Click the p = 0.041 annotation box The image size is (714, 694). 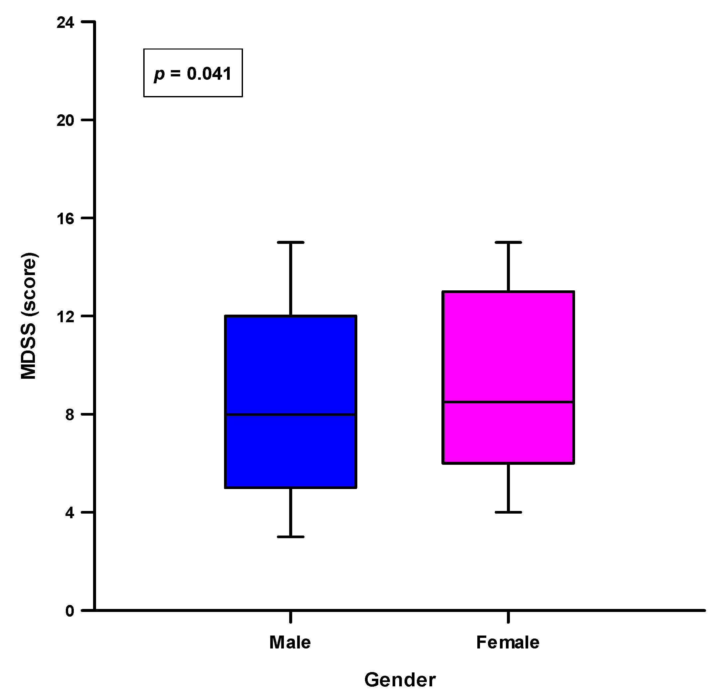pyautogui.click(x=193, y=73)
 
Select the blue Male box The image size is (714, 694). pyautogui.click(x=291, y=364)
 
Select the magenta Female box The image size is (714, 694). pyautogui.click(x=508, y=346)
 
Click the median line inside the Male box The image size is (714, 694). pyautogui.click(x=291, y=414)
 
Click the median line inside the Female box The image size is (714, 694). pyautogui.click(x=508, y=402)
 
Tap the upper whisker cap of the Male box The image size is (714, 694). pyautogui.click(x=291, y=242)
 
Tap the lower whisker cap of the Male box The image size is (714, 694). pyautogui.click(x=291, y=537)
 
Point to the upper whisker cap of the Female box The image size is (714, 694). pyautogui.click(x=508, y=242)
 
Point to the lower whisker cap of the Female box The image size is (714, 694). pyautogui.click(x=508, y=512)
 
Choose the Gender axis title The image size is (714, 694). pyautogui.click(x=400, y=679)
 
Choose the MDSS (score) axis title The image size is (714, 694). pyautogui.click(x=29, y=316)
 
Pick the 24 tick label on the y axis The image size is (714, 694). pyautogui.click(x=65, y=23)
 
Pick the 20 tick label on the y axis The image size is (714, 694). pyautogui.click(x=65, y=120)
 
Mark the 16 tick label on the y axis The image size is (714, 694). pyautogui.click(x=65, y=218)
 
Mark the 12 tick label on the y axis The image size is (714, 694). pyautogui.click(x=65, y=316)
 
